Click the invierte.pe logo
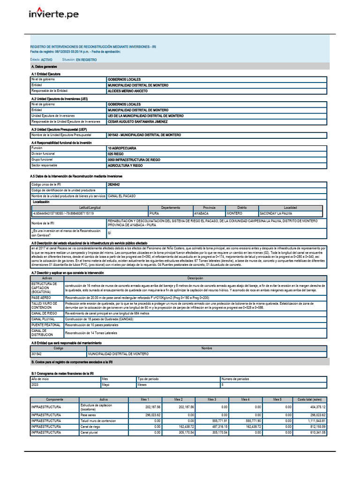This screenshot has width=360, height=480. [x=54, y=14]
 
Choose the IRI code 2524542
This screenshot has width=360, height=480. [x=113, y=185]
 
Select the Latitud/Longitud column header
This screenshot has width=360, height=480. [x=90, y=207]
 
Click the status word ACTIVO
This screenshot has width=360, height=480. [x=47, y=60]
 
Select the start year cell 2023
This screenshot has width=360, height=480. [x=36, y=384]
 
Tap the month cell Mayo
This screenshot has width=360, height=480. [x=106, y=384]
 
